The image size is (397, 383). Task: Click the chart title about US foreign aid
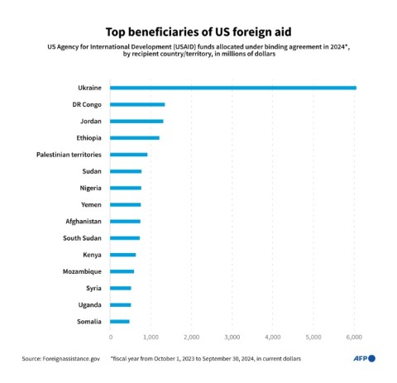tap(198, 31)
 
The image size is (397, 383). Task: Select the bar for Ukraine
tap(232, 88)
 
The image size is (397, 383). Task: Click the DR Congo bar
tap(137, 104)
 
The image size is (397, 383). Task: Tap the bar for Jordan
tap(136, 121)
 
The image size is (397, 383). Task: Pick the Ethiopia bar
tap(135, 137)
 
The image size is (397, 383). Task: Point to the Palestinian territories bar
tap(128, 155)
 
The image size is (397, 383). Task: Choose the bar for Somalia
tap(120, 321)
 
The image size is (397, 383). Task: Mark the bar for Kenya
tap(122, 255)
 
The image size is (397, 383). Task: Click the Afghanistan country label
tap(84, 221)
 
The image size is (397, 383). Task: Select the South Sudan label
tap(82, 238)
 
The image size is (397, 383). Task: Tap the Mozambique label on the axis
tap(82, 271)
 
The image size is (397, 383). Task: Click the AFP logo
tap(365, 358)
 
